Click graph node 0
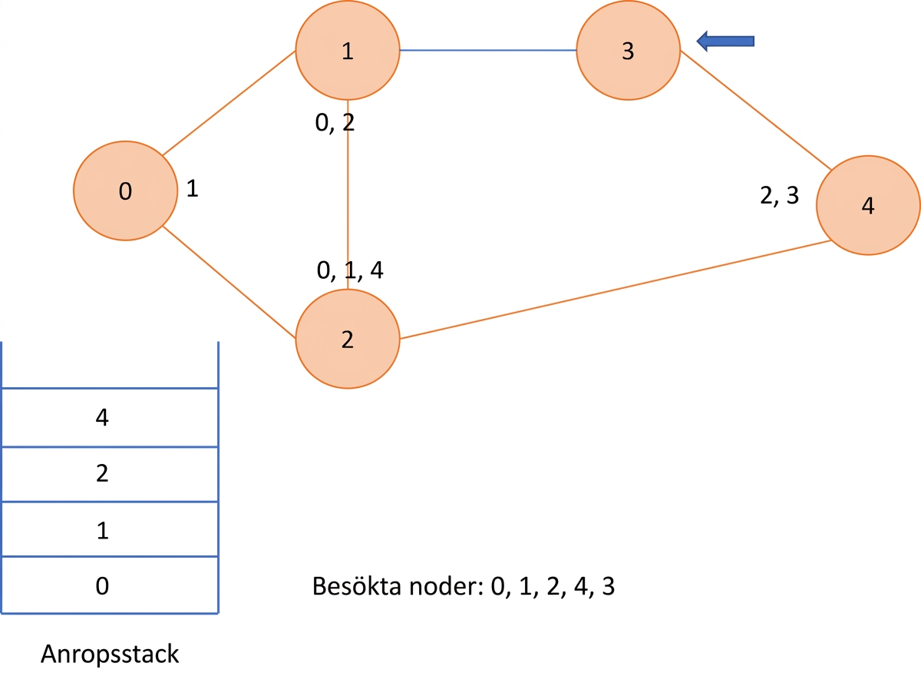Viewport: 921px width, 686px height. tap(125, 191)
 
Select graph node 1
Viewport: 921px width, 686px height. tap(348, 50)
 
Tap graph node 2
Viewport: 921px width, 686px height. tap(348, 339)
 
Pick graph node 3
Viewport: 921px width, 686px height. tap(629, 50)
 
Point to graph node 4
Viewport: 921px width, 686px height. tap(868, 205)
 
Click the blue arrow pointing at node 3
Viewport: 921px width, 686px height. tap(725, 41)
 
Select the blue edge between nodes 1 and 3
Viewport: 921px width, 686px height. tap(488, 50)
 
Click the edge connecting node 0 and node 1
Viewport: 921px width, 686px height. tap(229, 103)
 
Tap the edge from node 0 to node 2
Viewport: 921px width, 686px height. tap(229, 282)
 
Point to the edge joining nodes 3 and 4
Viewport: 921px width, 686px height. tap(756, 110)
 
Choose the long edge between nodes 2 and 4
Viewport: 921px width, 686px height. tap(616, 290)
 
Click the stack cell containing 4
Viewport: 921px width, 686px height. tap(110, 417)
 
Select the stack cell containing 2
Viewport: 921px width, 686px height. tap(110, 475)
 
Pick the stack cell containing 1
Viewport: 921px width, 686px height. tap(110, 529)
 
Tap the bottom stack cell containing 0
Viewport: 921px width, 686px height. tap(110, 585)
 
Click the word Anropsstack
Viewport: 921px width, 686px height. tap(110, 655)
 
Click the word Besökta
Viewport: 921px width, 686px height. tap(357, 586)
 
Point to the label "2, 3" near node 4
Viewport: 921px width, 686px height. tap(779, 195)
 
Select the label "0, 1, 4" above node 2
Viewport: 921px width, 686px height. tap(350, 270)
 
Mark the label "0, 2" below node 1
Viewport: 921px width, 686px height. tap(335, 123)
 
